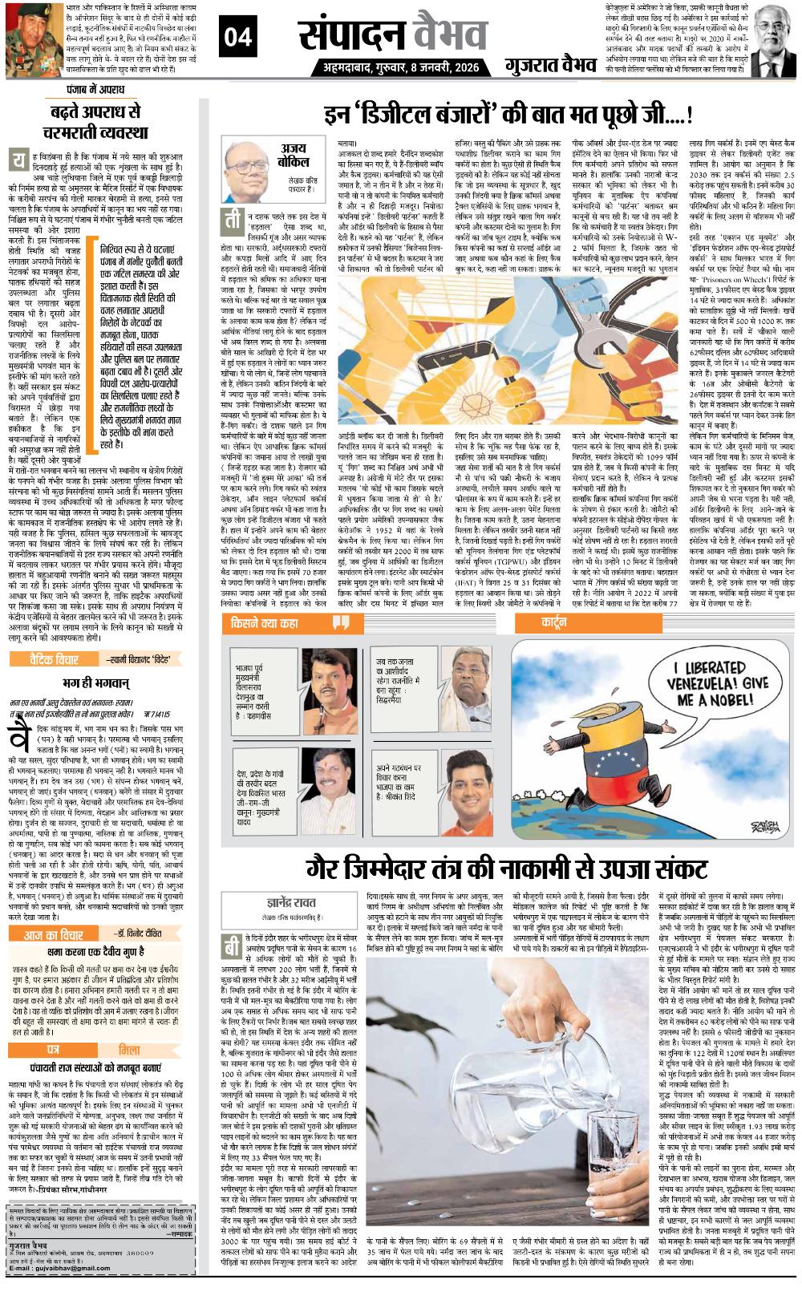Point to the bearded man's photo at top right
click(774, 39)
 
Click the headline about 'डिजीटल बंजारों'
click(508, 114)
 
